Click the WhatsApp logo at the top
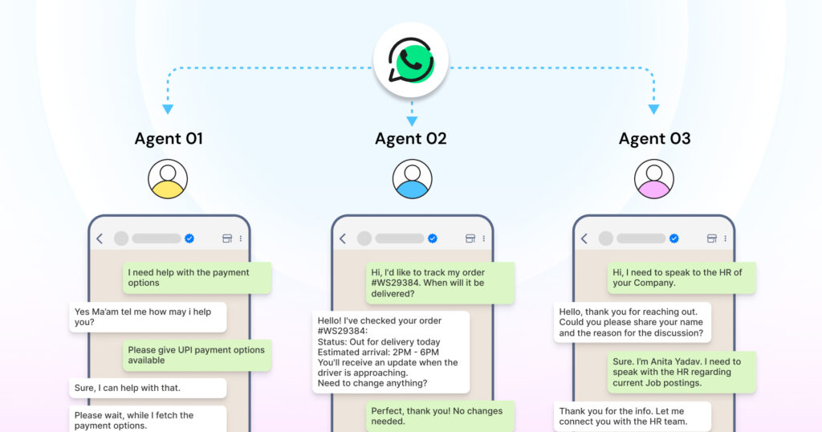[x=411, y=60]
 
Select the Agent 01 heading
[x=168, y=139]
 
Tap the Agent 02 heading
[x=411, y=139]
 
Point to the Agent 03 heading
[x=654, y=139]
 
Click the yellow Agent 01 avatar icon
[x=168, y=178]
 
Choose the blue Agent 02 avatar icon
[x=412, y=178]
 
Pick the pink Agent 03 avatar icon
[x=654, y=178]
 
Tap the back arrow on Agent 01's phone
[x=100, y=238]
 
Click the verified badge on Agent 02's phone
[x=433, y=238]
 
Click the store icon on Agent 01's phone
[x=227, y=238]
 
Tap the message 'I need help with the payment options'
[x=197, y=278]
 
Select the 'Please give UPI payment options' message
[x=197, y=356]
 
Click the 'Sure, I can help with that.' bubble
[x=147, y=389]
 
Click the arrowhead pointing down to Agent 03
[x=653, y=109]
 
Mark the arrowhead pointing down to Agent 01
[x=168, y=109]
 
